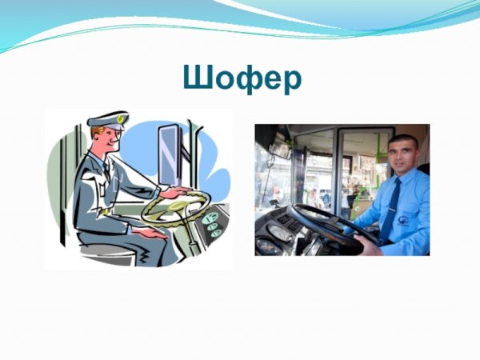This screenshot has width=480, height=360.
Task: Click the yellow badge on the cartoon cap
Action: (121, 119)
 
